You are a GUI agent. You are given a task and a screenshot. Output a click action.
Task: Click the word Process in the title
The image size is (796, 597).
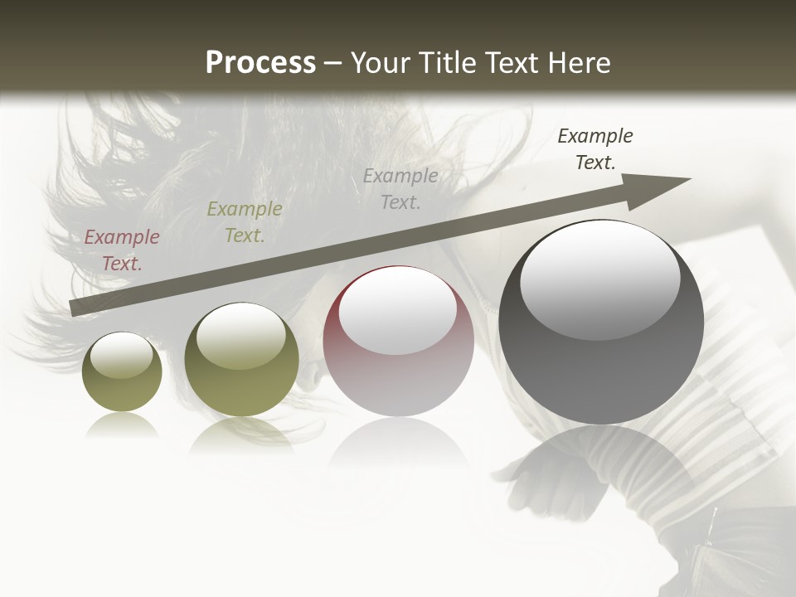260,63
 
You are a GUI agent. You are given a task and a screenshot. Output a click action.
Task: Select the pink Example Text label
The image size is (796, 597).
122,250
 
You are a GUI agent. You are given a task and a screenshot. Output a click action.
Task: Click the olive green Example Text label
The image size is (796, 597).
244,222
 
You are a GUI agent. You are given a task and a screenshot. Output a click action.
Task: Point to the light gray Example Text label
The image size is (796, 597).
400,188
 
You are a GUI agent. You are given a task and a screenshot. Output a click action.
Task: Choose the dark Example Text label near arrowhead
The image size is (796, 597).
595,149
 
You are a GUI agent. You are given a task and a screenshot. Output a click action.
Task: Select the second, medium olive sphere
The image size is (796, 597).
241,361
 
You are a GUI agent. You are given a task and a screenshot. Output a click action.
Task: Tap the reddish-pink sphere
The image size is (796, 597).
398,342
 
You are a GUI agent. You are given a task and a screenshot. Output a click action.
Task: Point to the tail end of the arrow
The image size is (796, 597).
76,308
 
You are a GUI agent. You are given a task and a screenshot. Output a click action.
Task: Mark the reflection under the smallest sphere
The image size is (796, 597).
122,426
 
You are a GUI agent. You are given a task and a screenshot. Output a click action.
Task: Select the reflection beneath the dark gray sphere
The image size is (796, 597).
601,464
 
